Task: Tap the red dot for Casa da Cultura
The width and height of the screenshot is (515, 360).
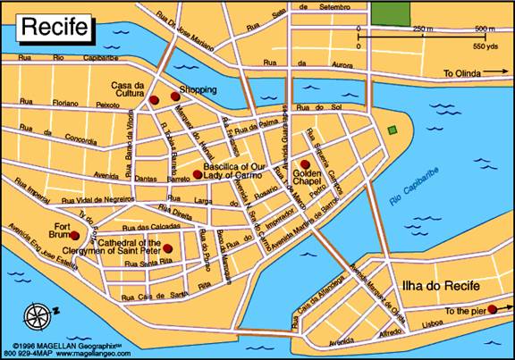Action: coord(154,99)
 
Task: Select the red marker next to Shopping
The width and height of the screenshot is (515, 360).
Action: coord(175,96)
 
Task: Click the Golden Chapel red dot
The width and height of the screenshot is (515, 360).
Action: coord(305,164)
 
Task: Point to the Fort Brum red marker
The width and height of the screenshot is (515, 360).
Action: coord(75,236)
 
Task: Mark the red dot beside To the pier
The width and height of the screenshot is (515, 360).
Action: coord(492,308)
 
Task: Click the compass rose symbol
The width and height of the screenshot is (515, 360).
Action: coord(39,314)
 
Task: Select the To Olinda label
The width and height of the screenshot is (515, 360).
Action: coord(462,73)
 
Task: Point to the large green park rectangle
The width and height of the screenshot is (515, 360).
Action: coord(390,13)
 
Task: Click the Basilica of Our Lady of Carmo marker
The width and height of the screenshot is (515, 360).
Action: coord(197,174)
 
